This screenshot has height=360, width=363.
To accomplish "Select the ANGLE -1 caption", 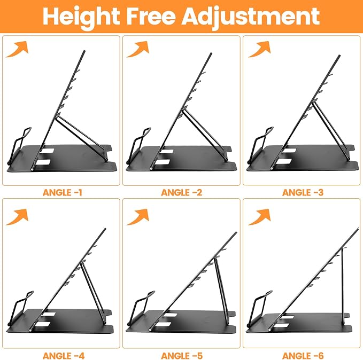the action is pos(63,192).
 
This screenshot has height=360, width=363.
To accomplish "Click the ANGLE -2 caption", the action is pos(182,192).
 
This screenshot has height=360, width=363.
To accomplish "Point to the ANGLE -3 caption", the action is pos(303,192).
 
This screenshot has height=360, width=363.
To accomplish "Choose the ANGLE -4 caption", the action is pos(64,356).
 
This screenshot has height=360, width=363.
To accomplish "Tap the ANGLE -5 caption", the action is pos(182,356).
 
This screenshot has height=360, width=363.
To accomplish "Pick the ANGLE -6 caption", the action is pos(303,356).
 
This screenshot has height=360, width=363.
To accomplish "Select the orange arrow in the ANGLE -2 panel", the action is pos(138,50).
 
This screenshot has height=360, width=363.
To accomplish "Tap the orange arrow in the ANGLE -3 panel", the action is pos(260,50).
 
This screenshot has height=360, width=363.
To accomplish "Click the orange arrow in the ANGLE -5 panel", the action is pos(138,217).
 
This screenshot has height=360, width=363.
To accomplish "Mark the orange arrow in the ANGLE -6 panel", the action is pos(260,217).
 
